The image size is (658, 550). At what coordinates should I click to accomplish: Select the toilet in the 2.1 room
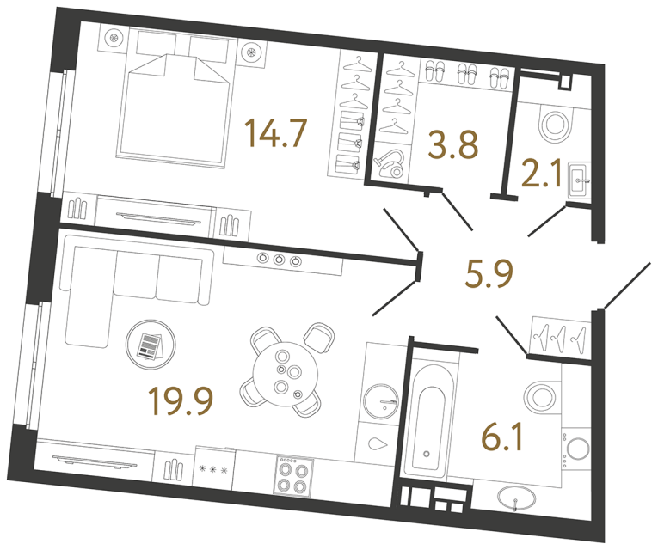pyautogui.click(x=557, y=125)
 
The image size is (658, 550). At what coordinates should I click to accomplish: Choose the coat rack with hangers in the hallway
pyautogui.click(x=558, y=334)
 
